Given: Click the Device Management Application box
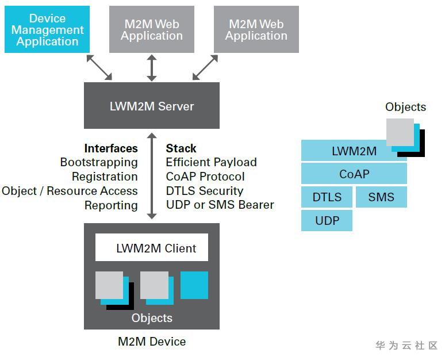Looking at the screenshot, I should point(47,29).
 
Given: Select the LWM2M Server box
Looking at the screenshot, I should point(152,105).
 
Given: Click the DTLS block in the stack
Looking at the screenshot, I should point(327,197).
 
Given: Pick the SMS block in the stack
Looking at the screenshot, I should point(381,197).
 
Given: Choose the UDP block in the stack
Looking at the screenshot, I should point(327,221).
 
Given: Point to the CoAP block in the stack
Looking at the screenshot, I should point(354,174).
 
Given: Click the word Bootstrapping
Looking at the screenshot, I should point(99,162).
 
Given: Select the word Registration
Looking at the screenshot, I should point(105,177).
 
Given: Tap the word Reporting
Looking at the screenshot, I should point(111,205).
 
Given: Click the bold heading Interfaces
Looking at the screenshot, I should point(111,148).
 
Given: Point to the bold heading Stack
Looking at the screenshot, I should point(181,148).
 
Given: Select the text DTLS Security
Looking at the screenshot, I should point(204,191).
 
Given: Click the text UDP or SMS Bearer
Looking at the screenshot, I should point(220,205).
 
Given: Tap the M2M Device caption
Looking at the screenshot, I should point(152,342).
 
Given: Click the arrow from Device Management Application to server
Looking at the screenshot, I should point(99,67).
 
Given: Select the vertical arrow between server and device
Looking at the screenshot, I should point(152,175).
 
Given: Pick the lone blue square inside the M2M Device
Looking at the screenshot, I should point(194,285).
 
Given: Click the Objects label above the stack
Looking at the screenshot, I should point(405,107).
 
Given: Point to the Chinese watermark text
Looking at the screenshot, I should point(406,346).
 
